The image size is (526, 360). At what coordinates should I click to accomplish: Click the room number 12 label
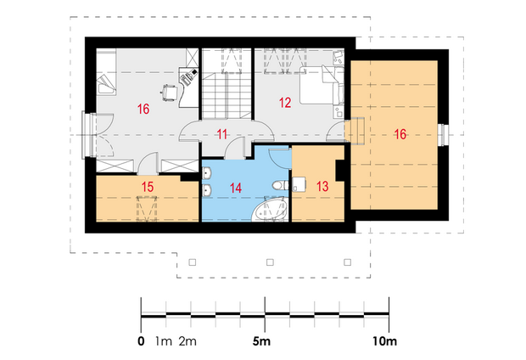(x=285, y=103)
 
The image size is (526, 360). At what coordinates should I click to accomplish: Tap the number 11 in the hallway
(x=222, y=134)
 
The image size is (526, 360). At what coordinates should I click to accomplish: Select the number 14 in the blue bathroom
(x=236, y=188)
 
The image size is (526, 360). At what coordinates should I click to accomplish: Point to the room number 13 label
(x=322, y=187)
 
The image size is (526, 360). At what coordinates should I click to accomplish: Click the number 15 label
(x=148, y=187)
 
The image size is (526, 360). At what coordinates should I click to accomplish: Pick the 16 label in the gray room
(x=143, y=109)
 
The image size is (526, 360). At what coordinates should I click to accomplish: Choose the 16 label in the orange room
(x=400, y=134)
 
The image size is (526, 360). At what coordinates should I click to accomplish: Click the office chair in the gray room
(x=169, y=92)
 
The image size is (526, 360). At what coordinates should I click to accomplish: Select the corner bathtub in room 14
(x=270, y=210)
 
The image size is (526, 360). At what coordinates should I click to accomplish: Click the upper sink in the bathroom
(x=207, y=174)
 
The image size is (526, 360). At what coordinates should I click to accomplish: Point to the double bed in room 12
(x=322, y=85)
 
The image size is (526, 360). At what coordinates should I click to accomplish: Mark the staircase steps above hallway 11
(x=227, y=97)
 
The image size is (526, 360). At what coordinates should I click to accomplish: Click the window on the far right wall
(x=444, y=135)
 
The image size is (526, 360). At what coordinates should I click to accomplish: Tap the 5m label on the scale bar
(x=261, y=341)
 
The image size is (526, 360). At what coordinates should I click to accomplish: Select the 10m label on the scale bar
(x=384, y=341)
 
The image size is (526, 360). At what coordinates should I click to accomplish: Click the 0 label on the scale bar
(x=141, y=341)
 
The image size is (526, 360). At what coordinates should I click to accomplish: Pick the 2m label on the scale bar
(x=187, y=341)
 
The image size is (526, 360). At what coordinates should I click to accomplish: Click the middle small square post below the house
(x=270, y=262)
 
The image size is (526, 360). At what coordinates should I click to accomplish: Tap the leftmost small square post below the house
(x=193, y=262)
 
